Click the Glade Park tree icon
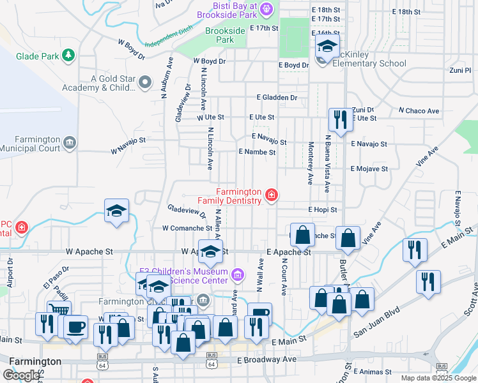coord(68,56)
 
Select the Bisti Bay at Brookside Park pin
coord(267,9)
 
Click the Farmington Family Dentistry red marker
coord(272,195)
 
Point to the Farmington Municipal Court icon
coord(70,142)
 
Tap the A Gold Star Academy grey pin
coord(145,82)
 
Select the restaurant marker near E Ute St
coord(338,119)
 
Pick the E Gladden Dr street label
coord(277,98)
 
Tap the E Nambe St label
coord(257,152)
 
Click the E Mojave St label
coord(369,169)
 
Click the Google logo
coord(21,375)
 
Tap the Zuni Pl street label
coord(459,70)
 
